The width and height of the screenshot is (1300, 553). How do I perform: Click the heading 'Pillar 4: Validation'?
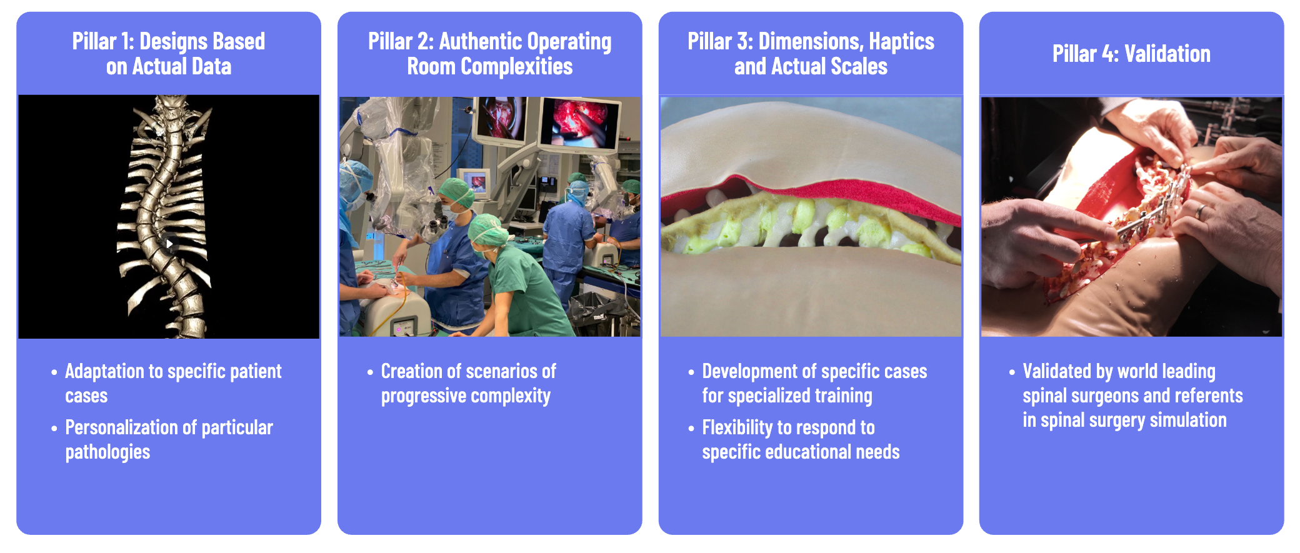[x=1131, y=54]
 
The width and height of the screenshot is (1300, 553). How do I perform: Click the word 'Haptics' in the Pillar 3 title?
[x=901, y=41]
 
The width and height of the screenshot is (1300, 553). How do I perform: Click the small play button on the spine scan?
[x=169, y=244]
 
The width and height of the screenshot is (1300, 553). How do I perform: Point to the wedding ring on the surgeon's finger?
[x=1200, y=212]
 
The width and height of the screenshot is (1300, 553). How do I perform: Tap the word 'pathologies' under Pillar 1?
[x=107, y=452]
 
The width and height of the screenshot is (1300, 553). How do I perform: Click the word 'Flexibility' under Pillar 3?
[x=737, y=427]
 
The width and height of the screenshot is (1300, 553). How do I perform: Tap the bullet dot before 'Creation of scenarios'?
[x=370, y=372]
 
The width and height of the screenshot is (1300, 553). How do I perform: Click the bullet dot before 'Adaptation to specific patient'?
[x=54, y=372]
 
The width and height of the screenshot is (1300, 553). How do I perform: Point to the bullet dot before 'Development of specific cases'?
[x=691, y=372]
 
